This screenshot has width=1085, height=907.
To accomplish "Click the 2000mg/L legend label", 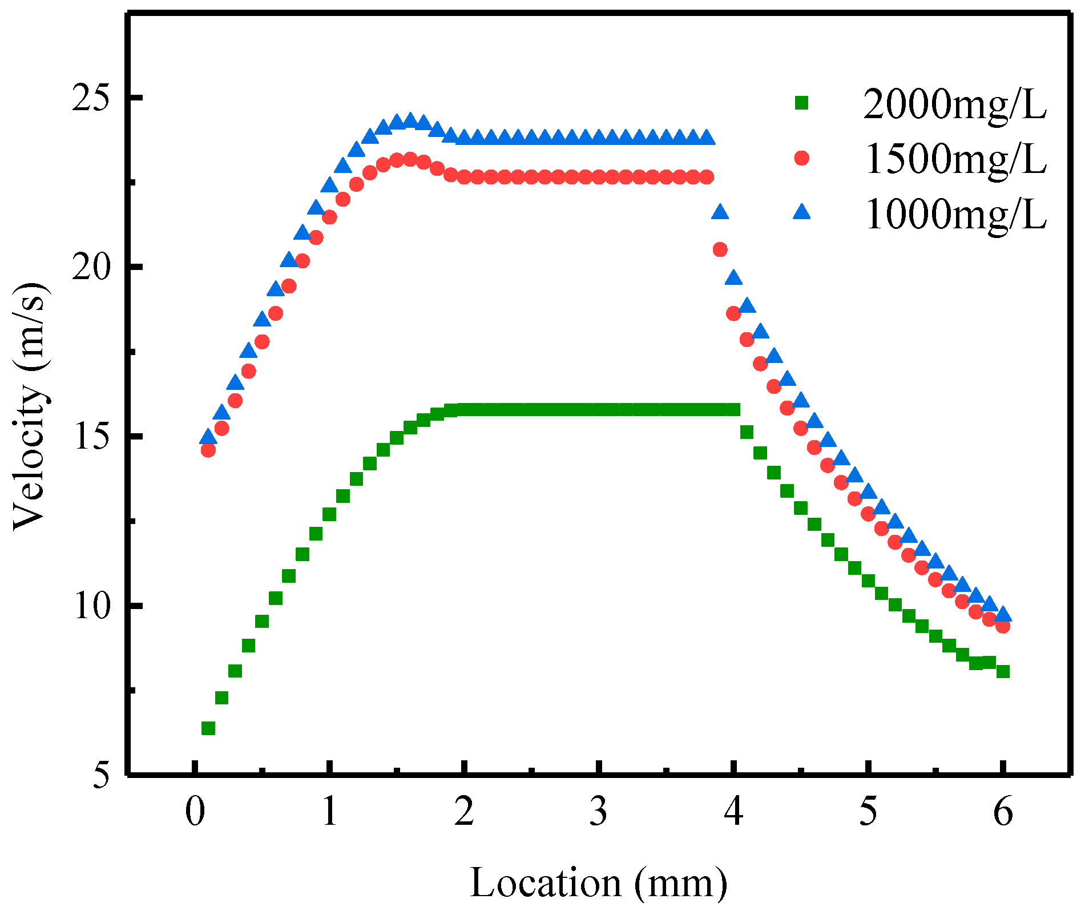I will tap(955, 104).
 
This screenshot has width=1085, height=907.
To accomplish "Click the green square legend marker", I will tap(802, 103).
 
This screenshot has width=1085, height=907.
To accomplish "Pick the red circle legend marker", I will tap(802, 158).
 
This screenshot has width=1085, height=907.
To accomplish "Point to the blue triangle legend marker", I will tap(802, 213).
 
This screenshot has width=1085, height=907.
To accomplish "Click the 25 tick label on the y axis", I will tap(90, 99).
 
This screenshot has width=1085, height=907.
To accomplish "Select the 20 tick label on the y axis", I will tap(90, 267).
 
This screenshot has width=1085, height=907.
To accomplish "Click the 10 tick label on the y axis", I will tap(90, 606).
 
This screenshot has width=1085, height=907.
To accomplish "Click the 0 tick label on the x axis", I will tap(195, 811).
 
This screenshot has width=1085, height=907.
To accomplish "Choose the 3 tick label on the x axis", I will tap(599, 811).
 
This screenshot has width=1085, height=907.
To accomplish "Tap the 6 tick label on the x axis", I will tap(1003, 811).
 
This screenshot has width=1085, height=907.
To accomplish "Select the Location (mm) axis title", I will tap(599, 882).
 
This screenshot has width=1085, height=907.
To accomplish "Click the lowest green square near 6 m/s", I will tap(208, 728).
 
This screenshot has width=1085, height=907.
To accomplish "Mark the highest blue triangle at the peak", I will tap(410, 120).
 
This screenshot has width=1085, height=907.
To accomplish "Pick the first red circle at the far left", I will tap(208, 450).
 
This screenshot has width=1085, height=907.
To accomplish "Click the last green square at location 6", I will tap(1003, 671).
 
